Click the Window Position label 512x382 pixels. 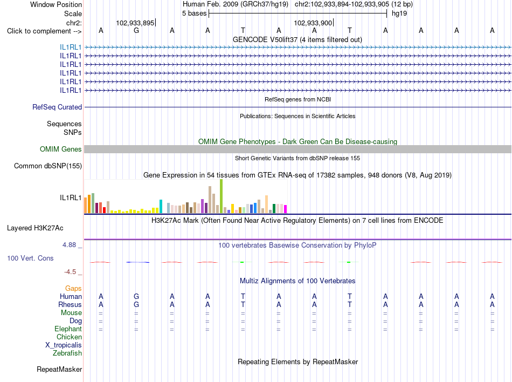pos(56,4)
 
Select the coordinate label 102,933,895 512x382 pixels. pos(135,23)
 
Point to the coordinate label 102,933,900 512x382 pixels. pos(313,23)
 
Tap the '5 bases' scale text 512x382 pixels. pos(194,13)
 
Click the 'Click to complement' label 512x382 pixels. pos(44,31)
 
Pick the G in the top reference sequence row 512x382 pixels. pos(136,30)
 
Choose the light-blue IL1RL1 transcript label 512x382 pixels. pos(71,47)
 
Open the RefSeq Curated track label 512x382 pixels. pos(57,107)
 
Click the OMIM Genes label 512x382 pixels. pos(61,149)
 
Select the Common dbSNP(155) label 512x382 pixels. pos(48,166)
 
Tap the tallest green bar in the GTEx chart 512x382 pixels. pos(222,196)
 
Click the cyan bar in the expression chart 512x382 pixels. pos(161,206)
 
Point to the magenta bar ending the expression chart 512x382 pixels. pos(286,209)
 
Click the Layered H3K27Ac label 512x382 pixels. pos(35,228)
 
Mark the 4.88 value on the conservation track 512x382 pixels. pos(69,245)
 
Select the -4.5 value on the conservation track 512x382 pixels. pos(70,272)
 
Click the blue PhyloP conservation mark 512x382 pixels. pos(138,262)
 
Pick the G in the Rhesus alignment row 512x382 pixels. pos(136,304)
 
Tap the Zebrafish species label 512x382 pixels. pos(67,353)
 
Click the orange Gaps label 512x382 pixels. pos(73,289)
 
